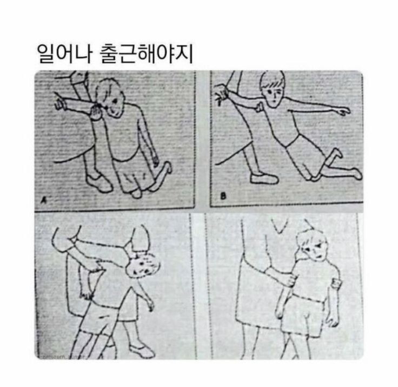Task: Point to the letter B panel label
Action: pyautogui.click(x=222, y=197)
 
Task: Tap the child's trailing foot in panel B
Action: pyautogui.click(x=354, y=173)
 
